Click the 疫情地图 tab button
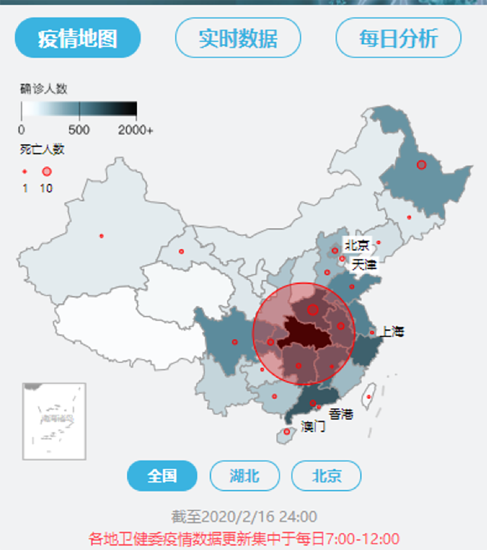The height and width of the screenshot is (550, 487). (77, 38)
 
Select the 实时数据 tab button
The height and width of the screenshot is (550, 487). (238, 38)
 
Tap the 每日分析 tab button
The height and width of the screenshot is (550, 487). (398, 38)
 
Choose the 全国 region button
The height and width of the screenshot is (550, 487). (162, 476)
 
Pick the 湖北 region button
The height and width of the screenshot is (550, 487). (245, 476)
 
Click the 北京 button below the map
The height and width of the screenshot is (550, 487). (326, 476)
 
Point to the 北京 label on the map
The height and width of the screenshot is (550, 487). (356, 245)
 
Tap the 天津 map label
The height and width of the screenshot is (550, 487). (364, 264)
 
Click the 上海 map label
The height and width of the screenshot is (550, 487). (392, 332)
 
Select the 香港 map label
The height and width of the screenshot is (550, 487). (341, 414)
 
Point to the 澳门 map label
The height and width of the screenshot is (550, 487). (313, 427)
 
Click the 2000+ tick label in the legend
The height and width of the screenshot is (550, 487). (135, 131)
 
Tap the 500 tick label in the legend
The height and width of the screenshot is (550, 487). (79, 131)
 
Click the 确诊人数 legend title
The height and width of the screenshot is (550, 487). (44, 89)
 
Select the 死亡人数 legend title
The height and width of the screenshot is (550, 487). (42, 149)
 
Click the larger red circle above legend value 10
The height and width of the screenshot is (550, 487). (46, 172)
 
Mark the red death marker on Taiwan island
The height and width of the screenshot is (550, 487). (369, 397)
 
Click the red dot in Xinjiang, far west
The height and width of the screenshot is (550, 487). (101, 236)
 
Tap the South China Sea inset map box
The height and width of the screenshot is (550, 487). (54, 421)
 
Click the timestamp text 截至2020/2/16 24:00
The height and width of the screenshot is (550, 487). (244, 517)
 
